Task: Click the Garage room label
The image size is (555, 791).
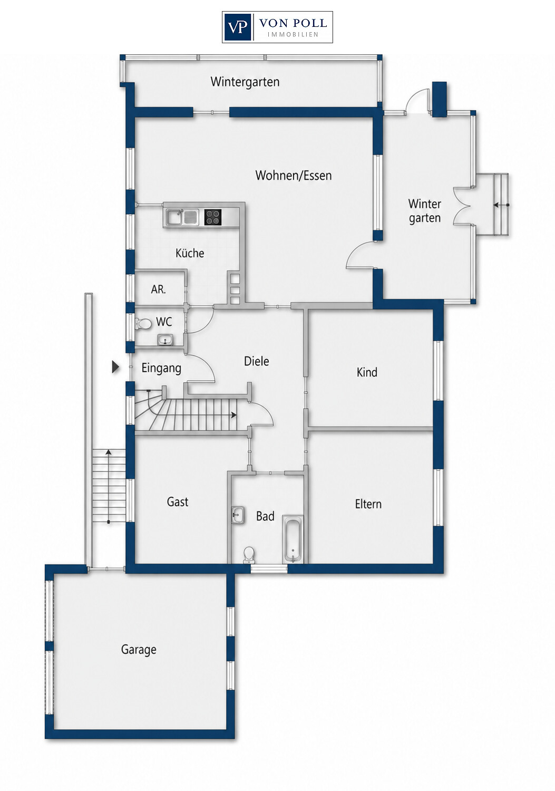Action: (139, 650)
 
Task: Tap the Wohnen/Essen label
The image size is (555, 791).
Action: (294, 176)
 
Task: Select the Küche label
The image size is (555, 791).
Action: (190, 253)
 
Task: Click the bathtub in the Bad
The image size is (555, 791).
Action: (293, 538)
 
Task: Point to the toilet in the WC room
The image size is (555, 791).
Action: (143, 323)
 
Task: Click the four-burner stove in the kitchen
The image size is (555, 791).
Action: (213, 217)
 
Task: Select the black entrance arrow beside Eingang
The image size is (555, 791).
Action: (115, 367)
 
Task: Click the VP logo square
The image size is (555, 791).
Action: (237, 27)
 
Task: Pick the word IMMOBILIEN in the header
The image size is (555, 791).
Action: (293, 35)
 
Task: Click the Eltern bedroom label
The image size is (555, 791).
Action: (368, 504)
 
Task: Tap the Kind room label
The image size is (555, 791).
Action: (367, 372)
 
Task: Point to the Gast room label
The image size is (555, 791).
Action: (178, 502)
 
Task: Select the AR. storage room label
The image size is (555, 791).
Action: (158, 290)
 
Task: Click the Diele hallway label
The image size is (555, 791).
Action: (257, 361)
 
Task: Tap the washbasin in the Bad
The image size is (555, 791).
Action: (238, 516)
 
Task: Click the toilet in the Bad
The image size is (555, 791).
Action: (249, 555)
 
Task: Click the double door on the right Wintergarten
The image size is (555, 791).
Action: (463, 206)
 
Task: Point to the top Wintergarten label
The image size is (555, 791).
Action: (245, 82)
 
